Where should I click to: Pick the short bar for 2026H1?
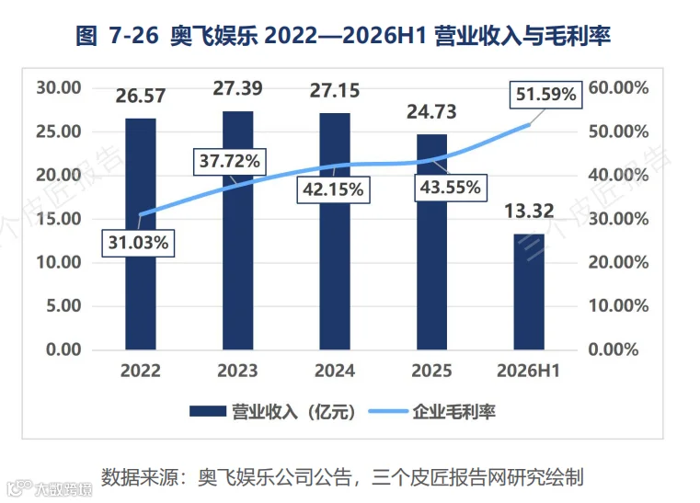[x=529, y=292]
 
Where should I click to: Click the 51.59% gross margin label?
[x=546, y=95]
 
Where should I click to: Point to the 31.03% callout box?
[x=138, y=243]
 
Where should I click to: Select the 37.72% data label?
[x=229, y=161]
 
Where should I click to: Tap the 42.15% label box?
[x=334, y=189]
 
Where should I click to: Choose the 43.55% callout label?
[x=451, y=188]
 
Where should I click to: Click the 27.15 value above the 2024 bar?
[x=335, y=91]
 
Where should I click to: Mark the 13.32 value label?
[x=529, y=211]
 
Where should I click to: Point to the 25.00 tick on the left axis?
[x=59, y=131]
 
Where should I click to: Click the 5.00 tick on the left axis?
[x=63, y=305]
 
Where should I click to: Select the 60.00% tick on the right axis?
[x=618, y=88]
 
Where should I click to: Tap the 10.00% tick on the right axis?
[x=618, y=305]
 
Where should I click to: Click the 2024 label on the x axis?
[x=335, y=371]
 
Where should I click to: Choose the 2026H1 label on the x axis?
[x=529, y=371]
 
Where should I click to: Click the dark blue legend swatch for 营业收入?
[x=208, y=411]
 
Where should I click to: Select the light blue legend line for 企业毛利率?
[x=388, y=411]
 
